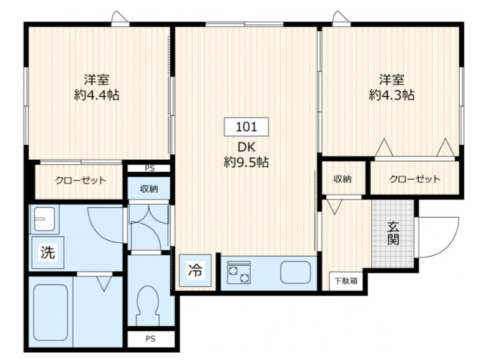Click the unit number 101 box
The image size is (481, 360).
tap(246, 127)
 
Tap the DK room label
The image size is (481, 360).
tap(246, 148)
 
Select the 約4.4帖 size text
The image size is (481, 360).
tap(97, 95)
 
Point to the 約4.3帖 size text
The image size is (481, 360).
tap(391, 95)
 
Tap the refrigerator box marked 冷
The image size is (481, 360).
tap(195, 270)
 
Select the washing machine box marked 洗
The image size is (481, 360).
tap(47, 253)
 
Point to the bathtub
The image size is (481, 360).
tap(50, 313)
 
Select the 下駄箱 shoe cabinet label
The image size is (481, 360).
tap(344, 281)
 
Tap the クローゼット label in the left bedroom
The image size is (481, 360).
tap(80, 180)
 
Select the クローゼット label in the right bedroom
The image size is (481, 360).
tap(414, 179)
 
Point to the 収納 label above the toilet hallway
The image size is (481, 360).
tap(148, 188)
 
